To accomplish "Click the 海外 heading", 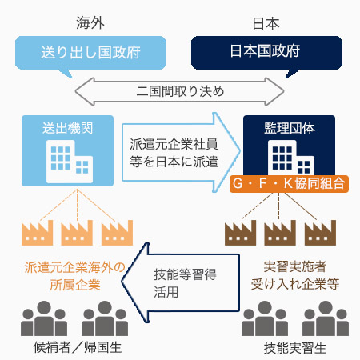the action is point(90,22).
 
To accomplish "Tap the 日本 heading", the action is point(266,23).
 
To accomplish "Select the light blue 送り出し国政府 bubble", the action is point(90,53).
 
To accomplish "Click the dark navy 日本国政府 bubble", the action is point(266,53).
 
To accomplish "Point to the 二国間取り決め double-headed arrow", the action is point(180,91).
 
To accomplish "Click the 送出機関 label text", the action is point(67,128).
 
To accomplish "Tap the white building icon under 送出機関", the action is point(70,162).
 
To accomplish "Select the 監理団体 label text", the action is point(290,128).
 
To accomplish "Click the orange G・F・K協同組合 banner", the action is point(289,184).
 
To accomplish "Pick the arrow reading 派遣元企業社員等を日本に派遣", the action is point(181,153).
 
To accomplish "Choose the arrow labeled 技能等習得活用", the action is point(181,283).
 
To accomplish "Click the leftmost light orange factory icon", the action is point(37,233).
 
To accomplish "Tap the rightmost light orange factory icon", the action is point(117,233).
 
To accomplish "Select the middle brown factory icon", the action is point(280,233).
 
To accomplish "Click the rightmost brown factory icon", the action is point(320,233).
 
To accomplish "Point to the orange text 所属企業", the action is point(75,285).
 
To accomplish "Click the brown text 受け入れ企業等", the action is point(295,284).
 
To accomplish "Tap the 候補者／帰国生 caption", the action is point(78,347).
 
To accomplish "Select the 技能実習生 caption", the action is point(295,348).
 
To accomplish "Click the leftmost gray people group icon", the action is point(44,318).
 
